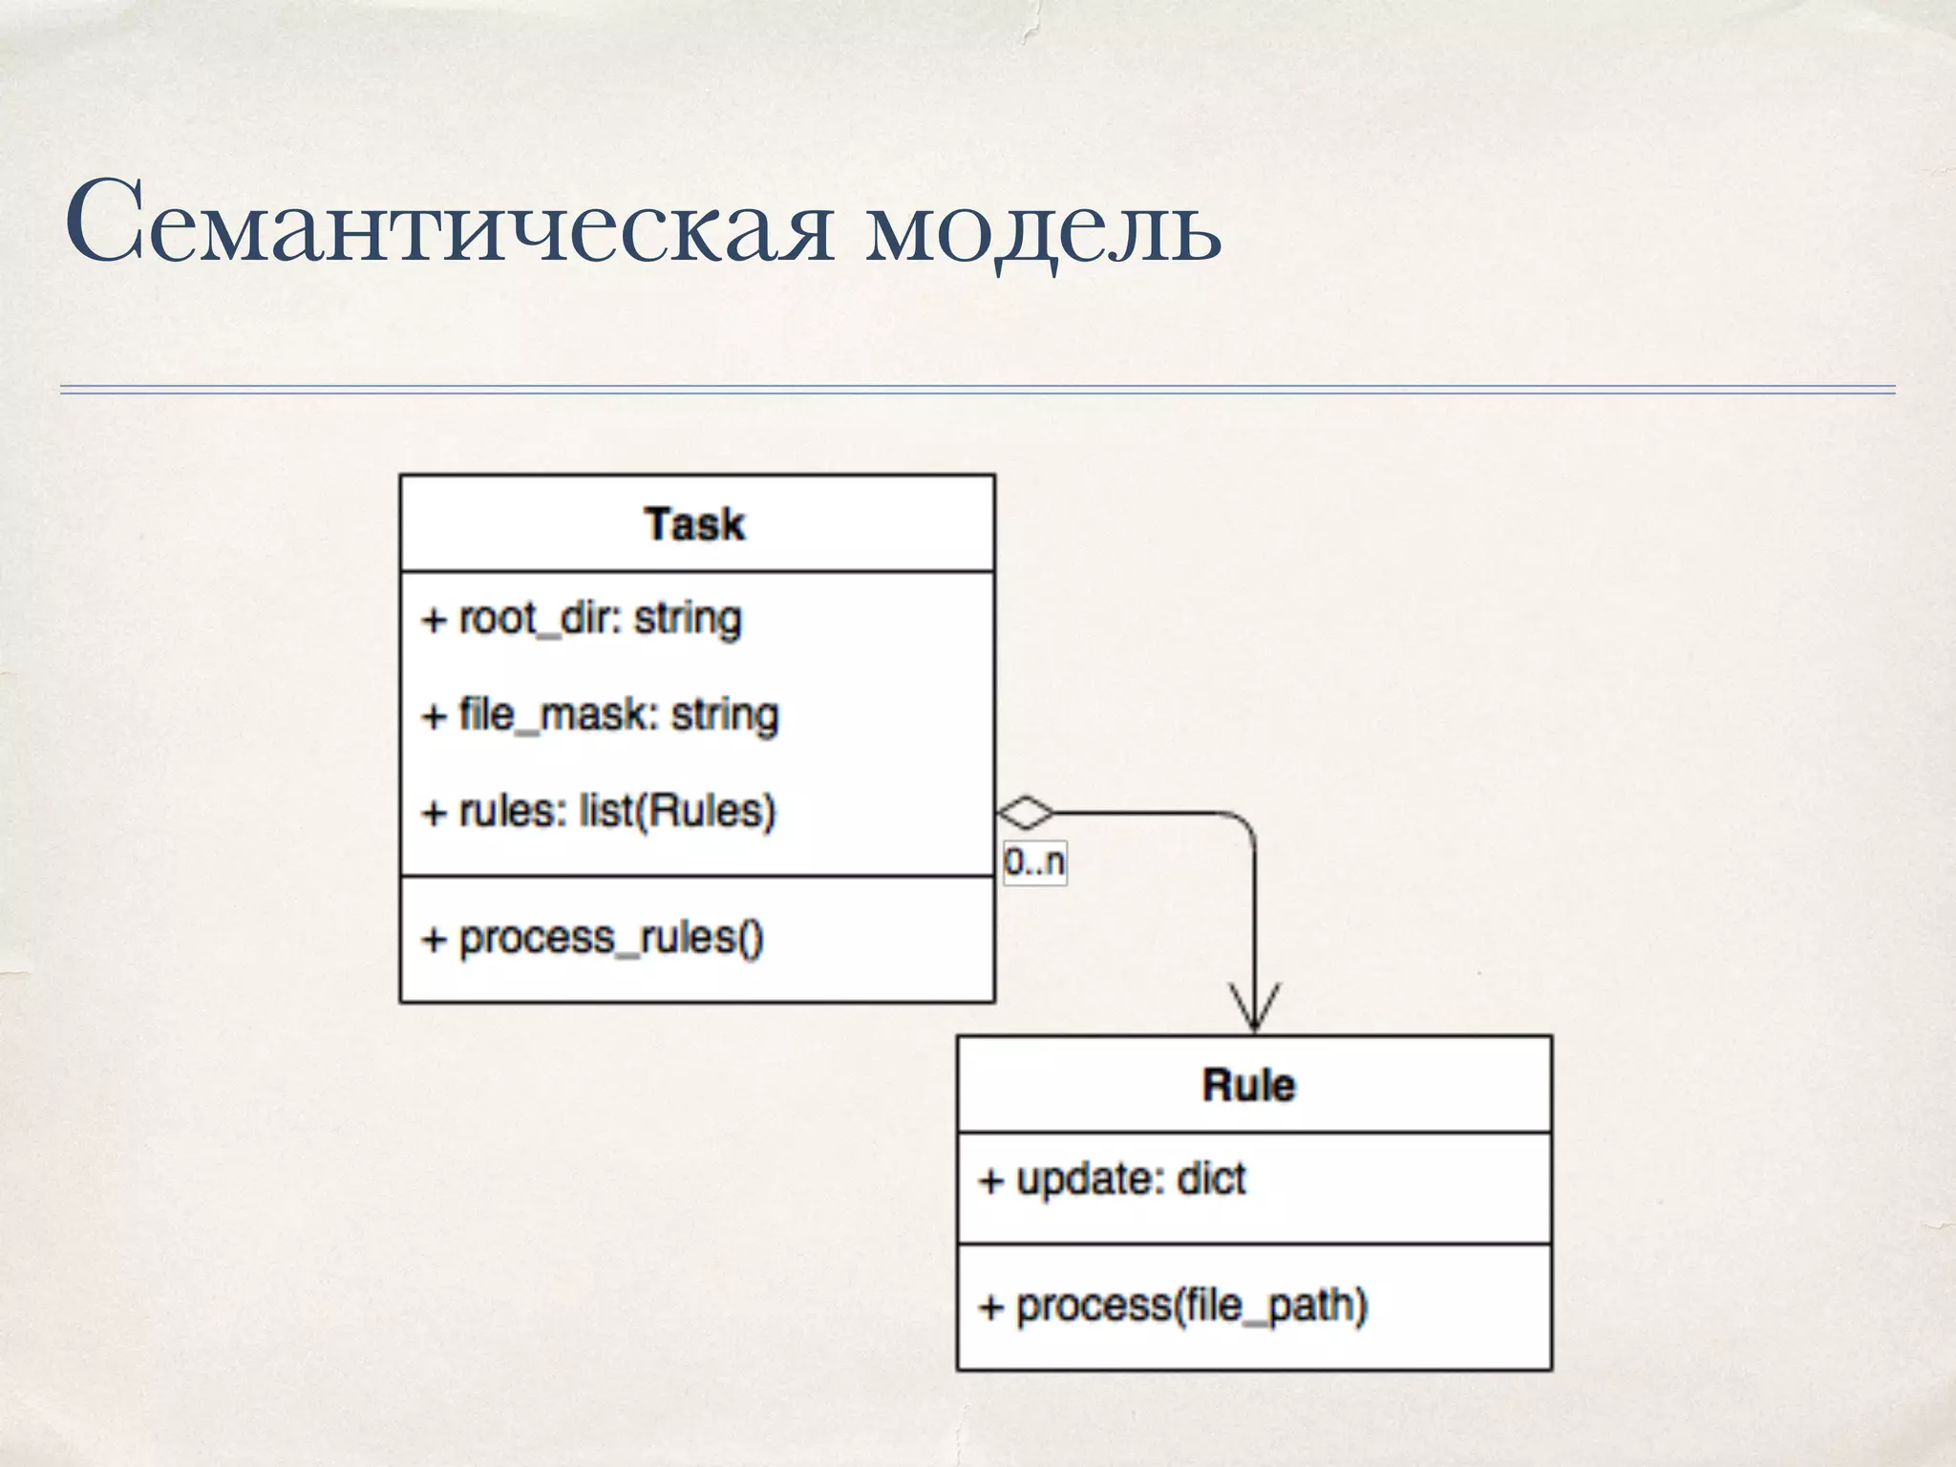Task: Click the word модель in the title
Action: point(1043,229)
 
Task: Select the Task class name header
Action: point(695,524)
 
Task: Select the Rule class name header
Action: point(1249,1085)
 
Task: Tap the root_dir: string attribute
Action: point(582,619)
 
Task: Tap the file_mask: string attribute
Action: point(601,715)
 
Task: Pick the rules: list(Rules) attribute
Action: point(599,812)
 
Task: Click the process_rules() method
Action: point(593,938)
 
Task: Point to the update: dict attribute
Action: point(1113,1180)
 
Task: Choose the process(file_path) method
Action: point(1174,1306)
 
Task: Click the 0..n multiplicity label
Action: point(1034,862)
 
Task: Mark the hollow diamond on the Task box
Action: point(1025,814)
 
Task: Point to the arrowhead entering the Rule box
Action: point(1254,1012)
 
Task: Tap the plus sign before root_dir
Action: point(435,620)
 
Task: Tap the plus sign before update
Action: point(991,1181)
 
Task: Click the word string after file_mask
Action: point(725,715)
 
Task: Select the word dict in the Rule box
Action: point(1211,1180)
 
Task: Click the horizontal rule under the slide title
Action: point(978,390)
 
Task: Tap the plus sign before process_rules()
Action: point(435,939)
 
